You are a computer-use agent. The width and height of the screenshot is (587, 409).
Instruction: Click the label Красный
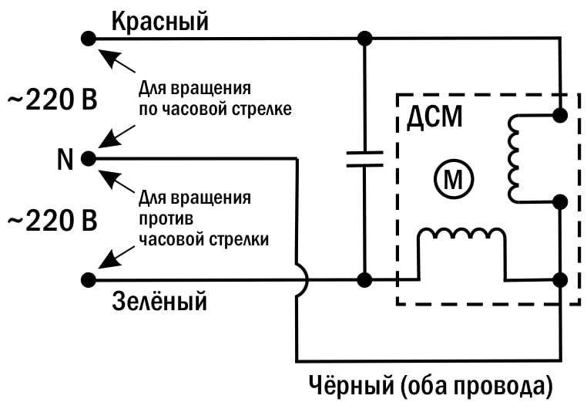pyautogui.click(x=160, y=22)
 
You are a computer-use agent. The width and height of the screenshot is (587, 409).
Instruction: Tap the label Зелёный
pyautogui.click(x=160, y=300)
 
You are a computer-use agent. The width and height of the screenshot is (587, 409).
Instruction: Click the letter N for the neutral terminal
pyautogui.click(x=65, y=160)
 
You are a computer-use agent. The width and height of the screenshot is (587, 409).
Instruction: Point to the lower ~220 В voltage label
pyautogui.click(x=52, y=221)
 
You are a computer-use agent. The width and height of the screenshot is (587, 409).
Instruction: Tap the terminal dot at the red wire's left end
pyautogui.click(x=89, y=37)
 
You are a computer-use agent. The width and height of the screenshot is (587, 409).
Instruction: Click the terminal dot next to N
pyautogui.click(x=89, y=158)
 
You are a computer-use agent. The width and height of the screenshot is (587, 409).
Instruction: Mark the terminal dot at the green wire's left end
pyautogui.click(x=89, y=279)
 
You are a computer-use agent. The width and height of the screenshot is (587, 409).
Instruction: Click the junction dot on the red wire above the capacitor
pyautogui.click(x=364, y=37)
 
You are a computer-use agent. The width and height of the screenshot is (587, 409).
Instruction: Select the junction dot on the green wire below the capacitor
pyautogui.click(x=364, y=279)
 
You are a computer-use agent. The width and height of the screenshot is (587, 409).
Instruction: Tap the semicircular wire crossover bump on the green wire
pyautogui.click(x=300, y=279)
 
